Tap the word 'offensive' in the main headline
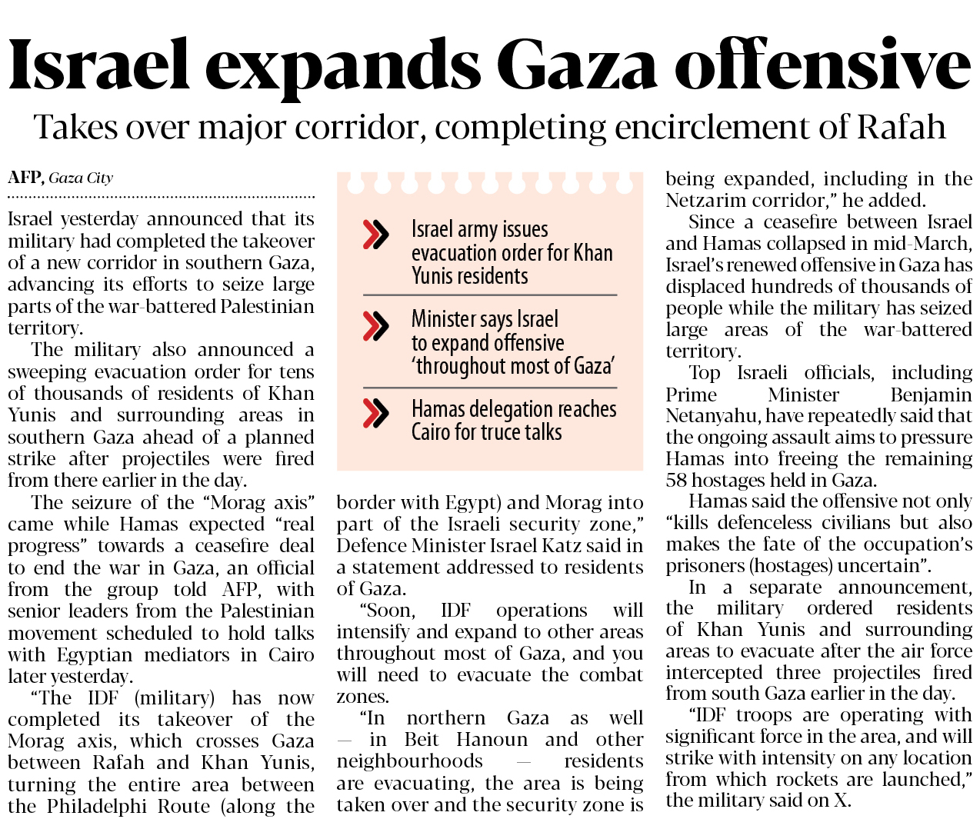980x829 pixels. click(x=823, y=65)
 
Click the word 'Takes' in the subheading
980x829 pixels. click(x=74, y=128)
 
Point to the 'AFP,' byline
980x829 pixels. click(x=25, y=178)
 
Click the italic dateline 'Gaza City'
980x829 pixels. click(x=81, y=178)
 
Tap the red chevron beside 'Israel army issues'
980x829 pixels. click(x=375, y=235)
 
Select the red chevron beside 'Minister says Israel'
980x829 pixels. click(x=375, y=326)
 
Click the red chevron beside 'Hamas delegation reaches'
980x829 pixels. click(x=375, y=413)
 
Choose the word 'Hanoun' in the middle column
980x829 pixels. click(x=495, y=740)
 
